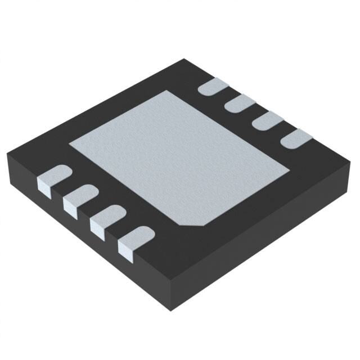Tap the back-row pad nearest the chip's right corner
293,138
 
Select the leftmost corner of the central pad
69,144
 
